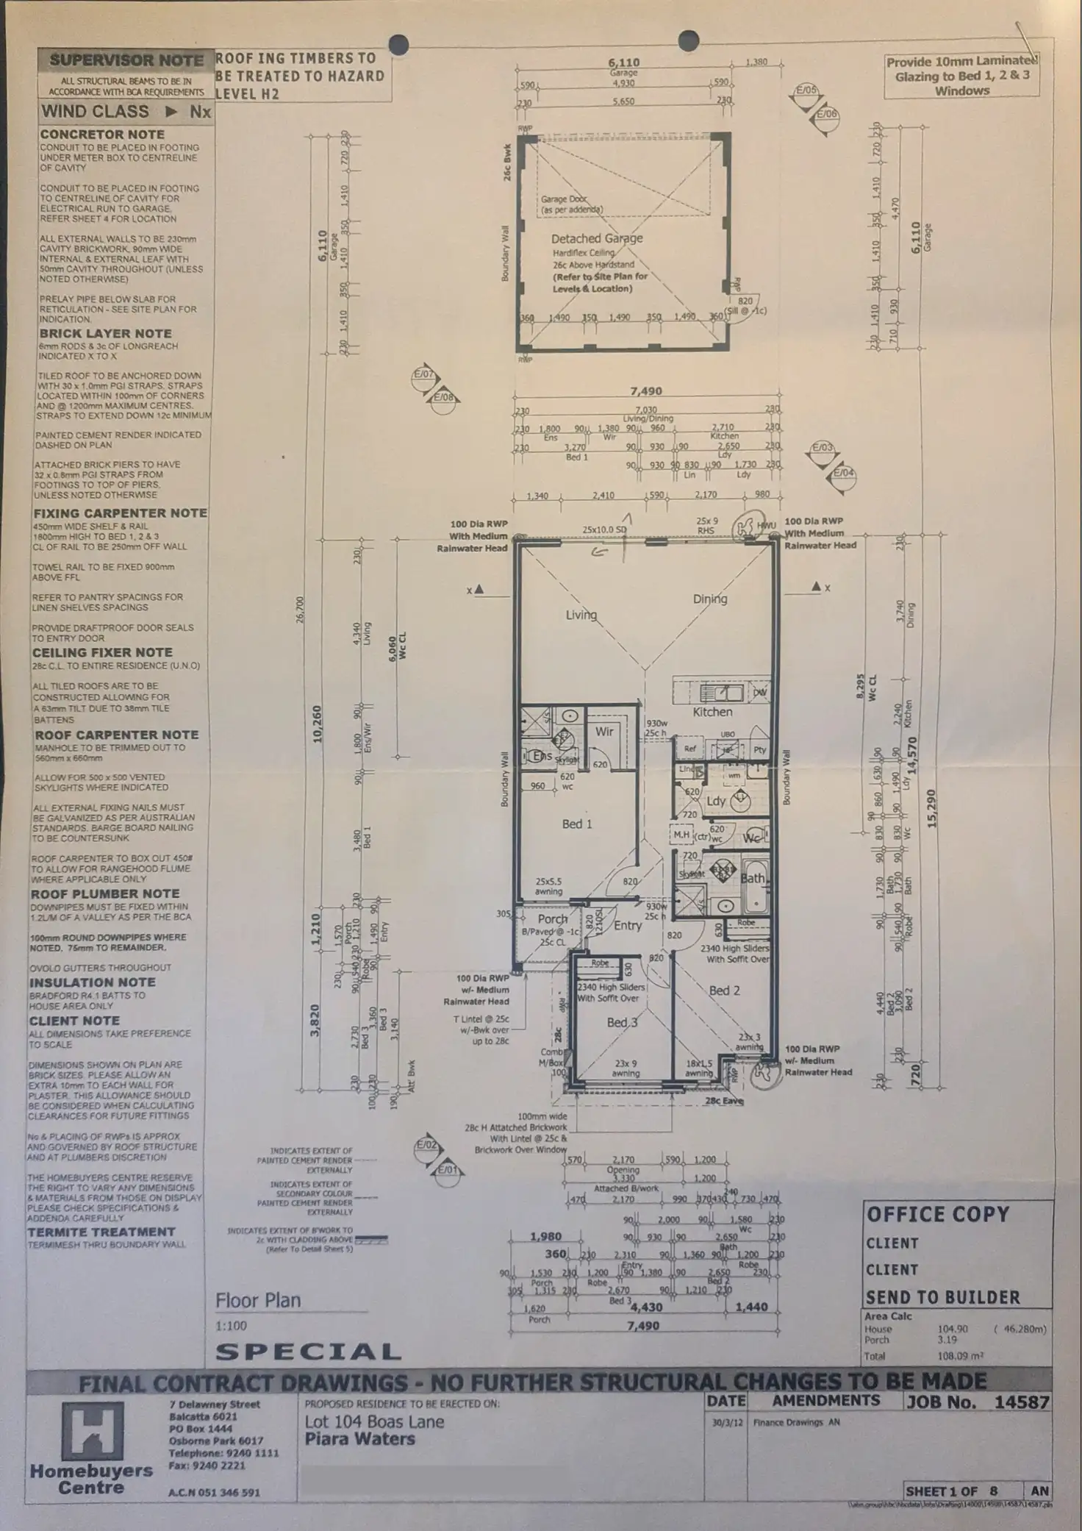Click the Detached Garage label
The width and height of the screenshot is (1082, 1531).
(597, 238)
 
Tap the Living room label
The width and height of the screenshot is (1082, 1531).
(581, 614)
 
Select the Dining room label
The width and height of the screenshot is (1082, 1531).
(709, 599)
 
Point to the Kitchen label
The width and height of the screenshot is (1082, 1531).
(712, 712)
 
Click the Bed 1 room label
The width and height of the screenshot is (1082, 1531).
(577, 824)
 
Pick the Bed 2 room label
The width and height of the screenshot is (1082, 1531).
(724, 991)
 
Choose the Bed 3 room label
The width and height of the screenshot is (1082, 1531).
(622, 1022)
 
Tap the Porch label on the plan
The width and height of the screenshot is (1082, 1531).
(552, 918)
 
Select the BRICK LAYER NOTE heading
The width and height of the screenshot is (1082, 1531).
(105, 333)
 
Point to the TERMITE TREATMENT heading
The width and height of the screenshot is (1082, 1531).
(101, 1232)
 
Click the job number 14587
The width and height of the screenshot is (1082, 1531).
(1021, 1402)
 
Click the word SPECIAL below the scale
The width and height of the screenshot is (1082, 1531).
(309, 1352)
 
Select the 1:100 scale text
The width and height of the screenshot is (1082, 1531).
(231, 1326)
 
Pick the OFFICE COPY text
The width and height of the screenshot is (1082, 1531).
(938, 1215)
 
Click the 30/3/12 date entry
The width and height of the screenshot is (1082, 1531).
(726, 1422)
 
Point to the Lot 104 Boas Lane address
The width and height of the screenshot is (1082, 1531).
(374, 1421)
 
